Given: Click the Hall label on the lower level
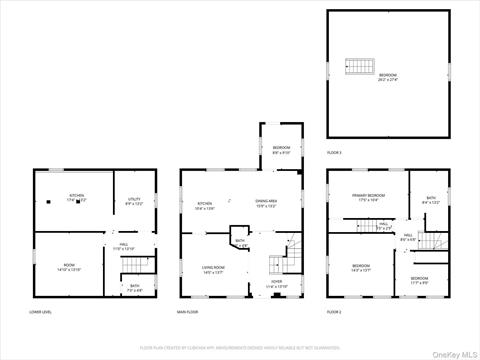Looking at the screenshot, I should pos(123,246).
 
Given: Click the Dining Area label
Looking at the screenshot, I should pos(266,203).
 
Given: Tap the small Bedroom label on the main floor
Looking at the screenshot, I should pos(281,150).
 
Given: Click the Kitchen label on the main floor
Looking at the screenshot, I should pos(205,203).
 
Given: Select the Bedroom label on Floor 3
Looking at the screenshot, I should pos(387,77).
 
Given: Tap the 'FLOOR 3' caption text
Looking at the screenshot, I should pos(335,153).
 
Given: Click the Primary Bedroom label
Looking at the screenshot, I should pos(368,196).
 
